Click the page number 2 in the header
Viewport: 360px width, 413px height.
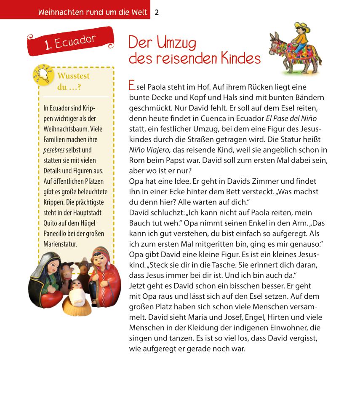pos(157,12)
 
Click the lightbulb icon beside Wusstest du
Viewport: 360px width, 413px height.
pos(42,75)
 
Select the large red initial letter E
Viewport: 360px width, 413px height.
pos(132,86)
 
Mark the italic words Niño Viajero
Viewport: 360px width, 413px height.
pos(149,150)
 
